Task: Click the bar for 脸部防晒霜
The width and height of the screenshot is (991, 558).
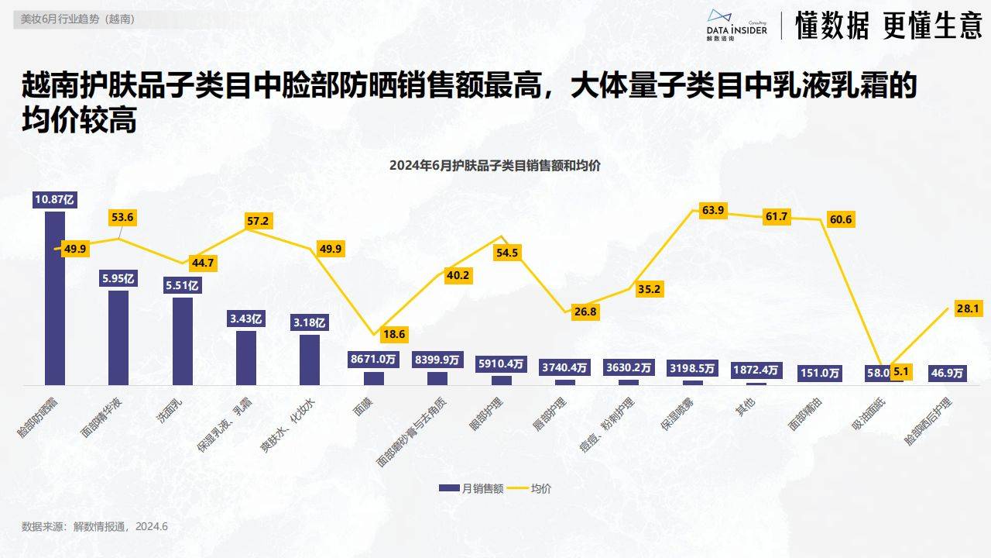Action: click(x=55, y=298)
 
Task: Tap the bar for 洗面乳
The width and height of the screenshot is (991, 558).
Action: click(x=183, y=341)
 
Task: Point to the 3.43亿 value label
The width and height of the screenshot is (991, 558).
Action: click(x=246, y=319)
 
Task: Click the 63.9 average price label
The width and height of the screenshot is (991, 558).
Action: click(x=712, y=210)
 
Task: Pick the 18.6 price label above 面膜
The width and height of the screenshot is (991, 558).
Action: click(x=393, y=335)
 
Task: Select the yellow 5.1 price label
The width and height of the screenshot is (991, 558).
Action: click(x=902, y=372)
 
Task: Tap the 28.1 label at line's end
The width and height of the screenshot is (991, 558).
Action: click(x=968, y=309)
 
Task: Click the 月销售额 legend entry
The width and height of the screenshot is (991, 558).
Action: click(x=471, y=488)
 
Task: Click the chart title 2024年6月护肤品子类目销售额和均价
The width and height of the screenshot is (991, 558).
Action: click(x=495, y=165)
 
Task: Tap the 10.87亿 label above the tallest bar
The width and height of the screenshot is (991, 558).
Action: click(x=55, y=199)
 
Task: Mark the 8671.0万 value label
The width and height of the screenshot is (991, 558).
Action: click(x=373, y=360)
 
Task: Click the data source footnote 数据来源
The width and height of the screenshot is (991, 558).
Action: click(x=94, y=526)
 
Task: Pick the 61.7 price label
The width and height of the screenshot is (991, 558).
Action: click(x=776, y=217)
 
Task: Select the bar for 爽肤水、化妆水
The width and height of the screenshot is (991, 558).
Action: click(x=310, y=360)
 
